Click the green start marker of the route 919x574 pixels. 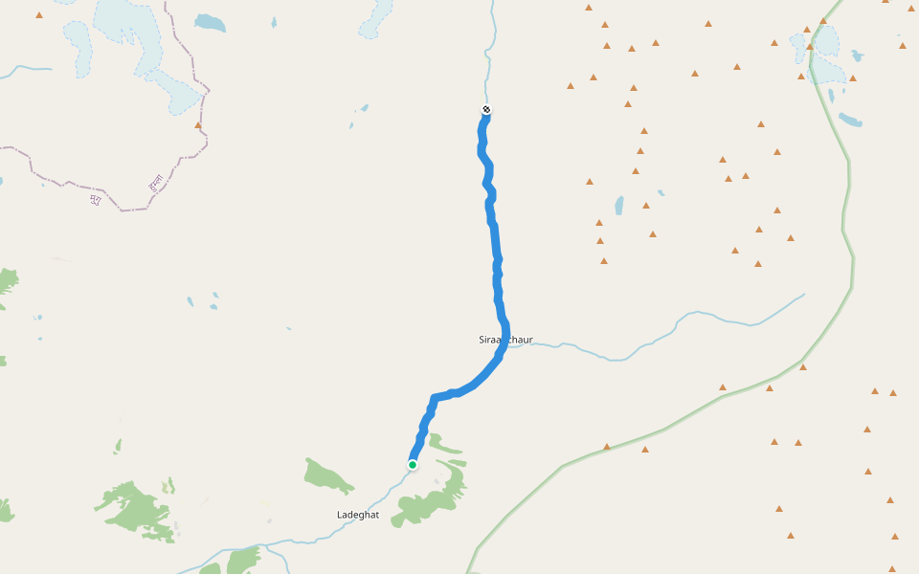click(x=413, y=465)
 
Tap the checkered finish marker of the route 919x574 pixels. click(x=486, y=109)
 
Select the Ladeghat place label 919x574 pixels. click(x=358, y=515)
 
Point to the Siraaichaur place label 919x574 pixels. click(x=505, y=340)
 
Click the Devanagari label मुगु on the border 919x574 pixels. click(x=95, y=200)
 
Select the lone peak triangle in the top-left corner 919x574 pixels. click(x=39, y=15)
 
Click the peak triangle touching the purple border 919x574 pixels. click(x=198, y=125)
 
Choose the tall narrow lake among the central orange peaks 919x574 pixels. click(x=619, y=205)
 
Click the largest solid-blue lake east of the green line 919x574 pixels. click(x=850, y=120)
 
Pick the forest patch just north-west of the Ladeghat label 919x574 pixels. click(x=327, y=475)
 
